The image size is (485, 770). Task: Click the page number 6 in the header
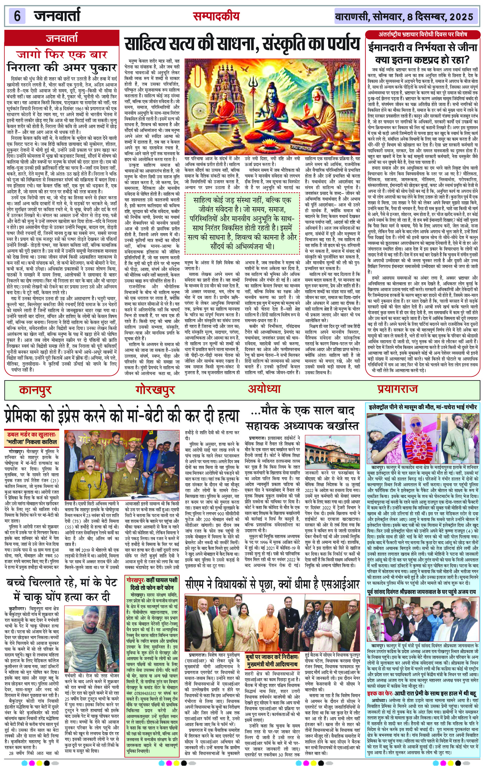coord(17,16)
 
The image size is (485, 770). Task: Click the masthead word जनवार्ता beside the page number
coord(57,16)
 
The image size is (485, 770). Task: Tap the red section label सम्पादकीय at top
coord(216,16)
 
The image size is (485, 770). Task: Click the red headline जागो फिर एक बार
coord(62,54)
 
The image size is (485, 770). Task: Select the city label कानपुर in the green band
coord(35,390)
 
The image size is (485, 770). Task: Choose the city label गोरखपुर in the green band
coord(155,390)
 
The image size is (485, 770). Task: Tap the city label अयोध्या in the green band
coord(264,389)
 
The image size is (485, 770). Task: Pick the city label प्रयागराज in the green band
coord(398,389)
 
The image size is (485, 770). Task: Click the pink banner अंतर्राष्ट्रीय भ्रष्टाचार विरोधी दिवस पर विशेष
coord(423,34)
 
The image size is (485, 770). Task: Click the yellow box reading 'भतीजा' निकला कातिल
coord(32,442)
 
